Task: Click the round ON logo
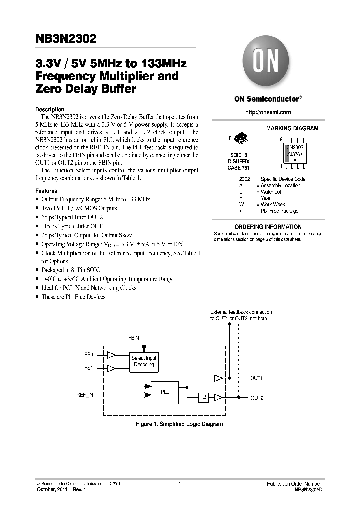[268, 62]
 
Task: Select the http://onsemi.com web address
[268, 112]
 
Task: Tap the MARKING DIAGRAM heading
[292, 128]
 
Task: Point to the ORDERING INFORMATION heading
[268, 226]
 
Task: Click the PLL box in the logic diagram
[165, 392]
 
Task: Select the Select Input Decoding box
[143, 361]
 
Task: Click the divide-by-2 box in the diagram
[203, 397]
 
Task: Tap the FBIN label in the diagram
[133, 338]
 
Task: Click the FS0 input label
[88, 354]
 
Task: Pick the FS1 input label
[88, 368]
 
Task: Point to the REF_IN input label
[85, 395]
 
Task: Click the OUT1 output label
[256, 378]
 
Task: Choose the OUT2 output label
[257, 397]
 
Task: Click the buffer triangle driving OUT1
[218, 378]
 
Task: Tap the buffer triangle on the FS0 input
[112, 354]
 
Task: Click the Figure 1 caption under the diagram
[179, 424]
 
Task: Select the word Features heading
[46, 191]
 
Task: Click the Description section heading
[50, 109]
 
